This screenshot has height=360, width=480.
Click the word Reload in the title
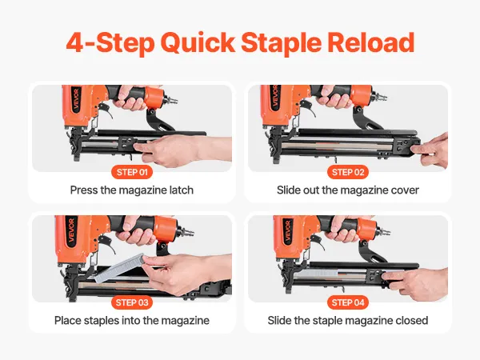(x=370, y=42)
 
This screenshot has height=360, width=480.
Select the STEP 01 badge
(x=132, y=172)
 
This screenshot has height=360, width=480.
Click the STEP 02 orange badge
(x=348, y=172)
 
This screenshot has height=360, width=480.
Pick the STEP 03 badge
(x=132, y=302)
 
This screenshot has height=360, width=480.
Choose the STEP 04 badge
(x=348, y=302)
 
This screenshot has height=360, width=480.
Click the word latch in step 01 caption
(x=182, y=190)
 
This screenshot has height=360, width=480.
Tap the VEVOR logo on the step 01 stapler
(x=77, y=99)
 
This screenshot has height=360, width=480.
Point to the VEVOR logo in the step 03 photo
(x=72, y=230)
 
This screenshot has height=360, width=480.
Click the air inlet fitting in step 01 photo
(x=170, y=100)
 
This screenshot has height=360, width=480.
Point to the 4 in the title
(x=75, y=43)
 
